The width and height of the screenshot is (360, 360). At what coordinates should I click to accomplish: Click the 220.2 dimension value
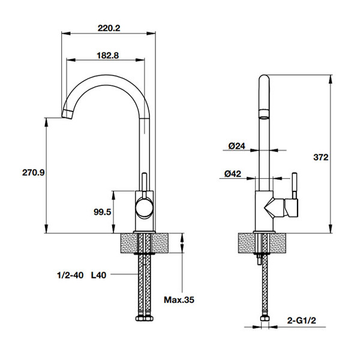coord(109,28)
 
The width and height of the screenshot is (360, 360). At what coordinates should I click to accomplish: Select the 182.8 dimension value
coord(107,55)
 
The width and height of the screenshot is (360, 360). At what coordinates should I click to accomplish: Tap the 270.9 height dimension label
coord(33,172)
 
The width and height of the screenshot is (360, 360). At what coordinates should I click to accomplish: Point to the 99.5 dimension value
coord(102,212)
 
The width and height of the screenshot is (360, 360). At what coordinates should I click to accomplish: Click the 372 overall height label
coord(321,157)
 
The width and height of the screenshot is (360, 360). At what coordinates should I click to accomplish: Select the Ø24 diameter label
coord(237,146)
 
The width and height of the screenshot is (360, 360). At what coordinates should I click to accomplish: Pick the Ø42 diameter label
coord(233,174)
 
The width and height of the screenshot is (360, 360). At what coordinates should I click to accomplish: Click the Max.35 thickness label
coord(179,299)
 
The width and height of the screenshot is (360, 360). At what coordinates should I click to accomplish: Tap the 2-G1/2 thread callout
coord(301,320)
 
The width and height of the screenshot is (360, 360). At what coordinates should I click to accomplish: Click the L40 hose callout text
coord(99,275)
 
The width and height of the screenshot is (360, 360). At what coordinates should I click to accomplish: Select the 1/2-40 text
coord(70,275)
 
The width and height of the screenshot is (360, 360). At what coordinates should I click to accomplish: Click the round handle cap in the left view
coord(144,208)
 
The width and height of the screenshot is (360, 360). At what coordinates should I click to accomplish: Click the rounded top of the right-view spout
coord(264,78)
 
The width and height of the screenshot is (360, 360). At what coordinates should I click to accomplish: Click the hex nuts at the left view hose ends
coord(145,318)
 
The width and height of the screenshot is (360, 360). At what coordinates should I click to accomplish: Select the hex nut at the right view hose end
coord(265,319)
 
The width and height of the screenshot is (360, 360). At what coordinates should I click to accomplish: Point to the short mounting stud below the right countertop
coord(259,259)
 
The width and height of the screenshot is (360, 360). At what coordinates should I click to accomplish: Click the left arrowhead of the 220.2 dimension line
coord(65,34)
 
